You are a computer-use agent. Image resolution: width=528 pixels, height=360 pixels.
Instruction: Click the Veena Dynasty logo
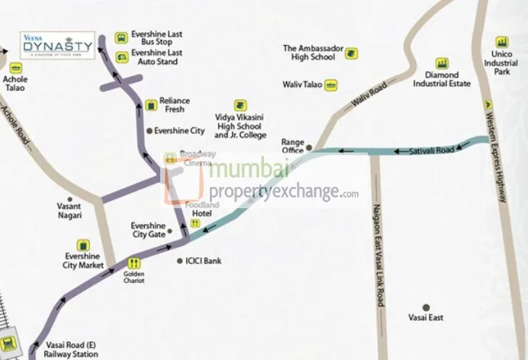pyautogui.click(x=57, y=45)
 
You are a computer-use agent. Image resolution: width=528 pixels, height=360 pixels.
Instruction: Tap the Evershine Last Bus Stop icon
pyautogui.click(x=120, y=37)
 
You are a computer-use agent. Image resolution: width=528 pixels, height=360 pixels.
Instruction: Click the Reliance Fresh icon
pyautogui.click(x=150, y=101)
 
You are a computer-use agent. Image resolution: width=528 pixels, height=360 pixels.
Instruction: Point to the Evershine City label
pyautogui.click(x=179, y=130)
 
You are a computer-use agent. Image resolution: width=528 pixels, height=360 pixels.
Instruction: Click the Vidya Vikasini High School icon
pyautogui.click(x=240, y=103)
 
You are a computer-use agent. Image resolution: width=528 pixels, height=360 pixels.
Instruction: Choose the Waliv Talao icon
pyautogui.click(x=331, y=85)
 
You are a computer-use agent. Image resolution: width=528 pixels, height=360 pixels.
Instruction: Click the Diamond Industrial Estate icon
pyautogui.click(x=441, y=63)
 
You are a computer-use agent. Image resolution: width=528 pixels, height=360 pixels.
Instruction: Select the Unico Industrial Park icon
pyautogui.click(x=501, y=42)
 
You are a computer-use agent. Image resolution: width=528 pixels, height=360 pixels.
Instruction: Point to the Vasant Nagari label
pyautogui.click(x=74, y=211)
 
